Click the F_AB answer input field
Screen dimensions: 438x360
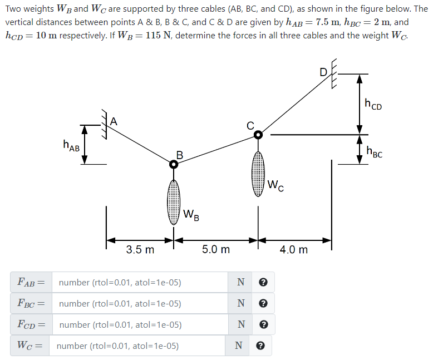pyautogui.click(x=139, y=283)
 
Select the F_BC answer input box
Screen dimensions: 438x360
pyautogui.click(x=139, y=304)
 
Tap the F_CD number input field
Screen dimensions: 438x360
pyautogui.click(x=139, y=325)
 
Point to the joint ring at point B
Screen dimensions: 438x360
pyautogui.click(x=174, y=164)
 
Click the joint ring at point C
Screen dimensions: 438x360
pyautogui.click(x=258, y=135)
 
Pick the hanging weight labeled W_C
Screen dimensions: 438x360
pyautogui.click(x=258, y=172)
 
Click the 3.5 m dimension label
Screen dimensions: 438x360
pyautogui.click(x=140, y=250)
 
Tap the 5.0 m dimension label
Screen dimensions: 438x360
pyautogui.click(x=216, y=250)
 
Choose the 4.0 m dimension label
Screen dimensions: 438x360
pyautogui.click(x=294, y=250)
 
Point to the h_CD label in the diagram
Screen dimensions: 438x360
pyautogui.click(x=373, y=103)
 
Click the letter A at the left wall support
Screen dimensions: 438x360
pyautogui.click(x=114, y=121)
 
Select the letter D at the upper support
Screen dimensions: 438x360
pyautogui.click(x=323, y=71)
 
